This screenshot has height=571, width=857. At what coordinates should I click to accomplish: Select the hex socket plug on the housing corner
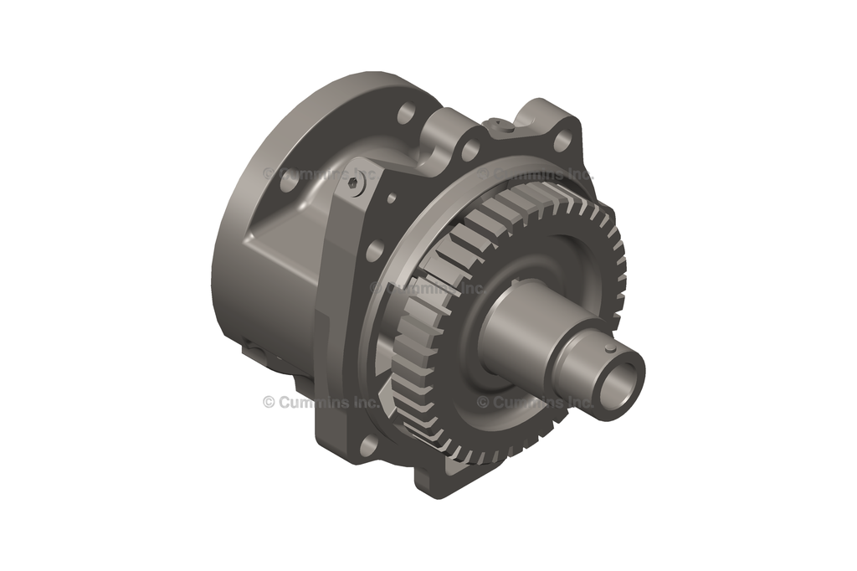pos(359,190)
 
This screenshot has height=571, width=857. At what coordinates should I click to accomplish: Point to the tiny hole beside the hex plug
pos(390,199)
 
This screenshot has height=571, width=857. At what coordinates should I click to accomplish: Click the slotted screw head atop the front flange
pos(501,126)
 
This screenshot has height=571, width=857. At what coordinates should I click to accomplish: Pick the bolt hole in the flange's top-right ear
pos(562,139)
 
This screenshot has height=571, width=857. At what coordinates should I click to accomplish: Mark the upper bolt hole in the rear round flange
pos(407,111)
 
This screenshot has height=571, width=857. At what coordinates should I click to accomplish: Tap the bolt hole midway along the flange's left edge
pos(374,249)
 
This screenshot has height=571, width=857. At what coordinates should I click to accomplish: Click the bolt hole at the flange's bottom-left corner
pos(367,445)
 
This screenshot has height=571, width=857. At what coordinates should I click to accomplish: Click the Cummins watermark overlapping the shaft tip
pos(536,403)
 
